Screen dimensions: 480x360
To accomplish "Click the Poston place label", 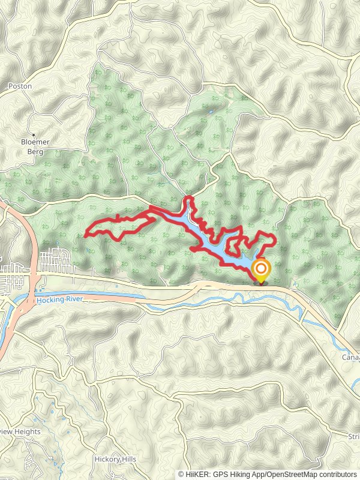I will (20, 86).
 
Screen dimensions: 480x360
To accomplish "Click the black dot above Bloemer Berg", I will (34, 134).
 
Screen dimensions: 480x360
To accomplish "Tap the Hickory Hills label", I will (115, 460).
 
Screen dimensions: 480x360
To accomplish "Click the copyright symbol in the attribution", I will (181, 475).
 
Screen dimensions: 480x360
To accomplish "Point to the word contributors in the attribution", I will (337, 475).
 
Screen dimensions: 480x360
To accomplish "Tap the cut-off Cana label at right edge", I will (351, 358).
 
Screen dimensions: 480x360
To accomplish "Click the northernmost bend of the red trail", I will (190, 197).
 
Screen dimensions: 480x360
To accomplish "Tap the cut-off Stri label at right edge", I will (353, 436).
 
